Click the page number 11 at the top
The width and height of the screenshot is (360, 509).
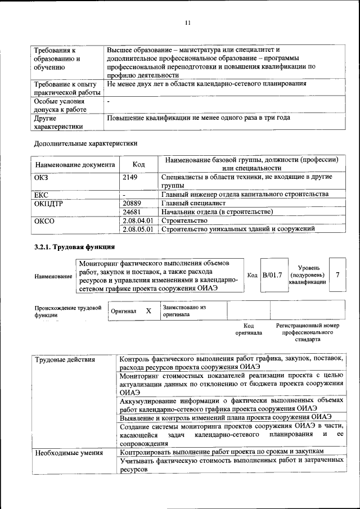188,23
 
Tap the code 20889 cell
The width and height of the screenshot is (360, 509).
132,203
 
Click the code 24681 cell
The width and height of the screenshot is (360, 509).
132,212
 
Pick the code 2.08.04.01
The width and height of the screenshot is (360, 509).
138,220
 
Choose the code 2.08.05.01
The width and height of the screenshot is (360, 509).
138,229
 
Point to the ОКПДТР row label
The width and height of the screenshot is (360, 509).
49,203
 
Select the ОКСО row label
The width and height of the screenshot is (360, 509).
44,220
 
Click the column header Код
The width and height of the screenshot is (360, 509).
138,164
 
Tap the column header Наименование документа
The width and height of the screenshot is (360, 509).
75,165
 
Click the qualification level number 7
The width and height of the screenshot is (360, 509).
337,274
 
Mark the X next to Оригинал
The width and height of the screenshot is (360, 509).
148,310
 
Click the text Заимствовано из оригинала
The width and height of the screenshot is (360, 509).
184,311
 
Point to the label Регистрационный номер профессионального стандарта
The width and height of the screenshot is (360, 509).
308,332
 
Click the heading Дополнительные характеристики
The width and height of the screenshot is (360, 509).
85,143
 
